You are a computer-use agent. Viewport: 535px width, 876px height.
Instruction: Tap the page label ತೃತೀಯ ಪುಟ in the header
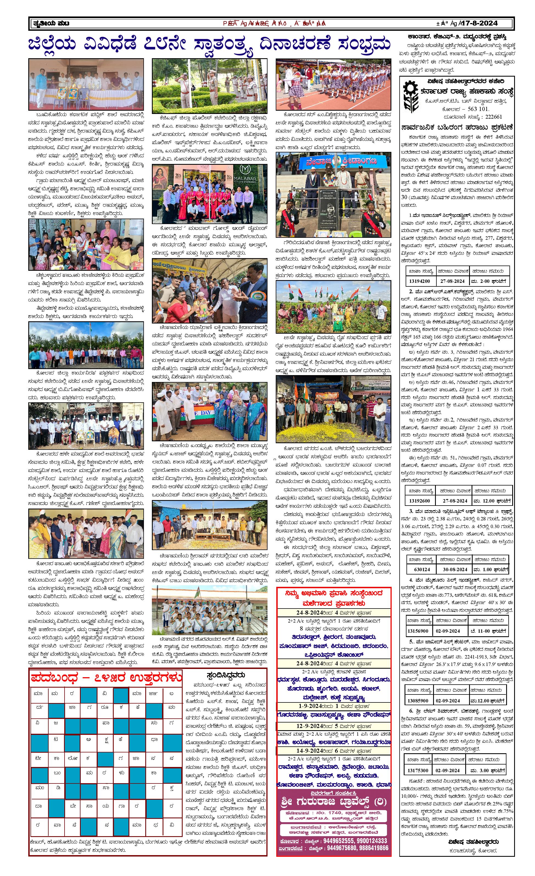(51, 23)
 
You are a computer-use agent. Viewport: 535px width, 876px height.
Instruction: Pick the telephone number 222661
(494, 117)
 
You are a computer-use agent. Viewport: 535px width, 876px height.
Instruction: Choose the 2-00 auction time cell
(488, 281)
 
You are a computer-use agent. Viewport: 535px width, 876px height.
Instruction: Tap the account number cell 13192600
(419, 501)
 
